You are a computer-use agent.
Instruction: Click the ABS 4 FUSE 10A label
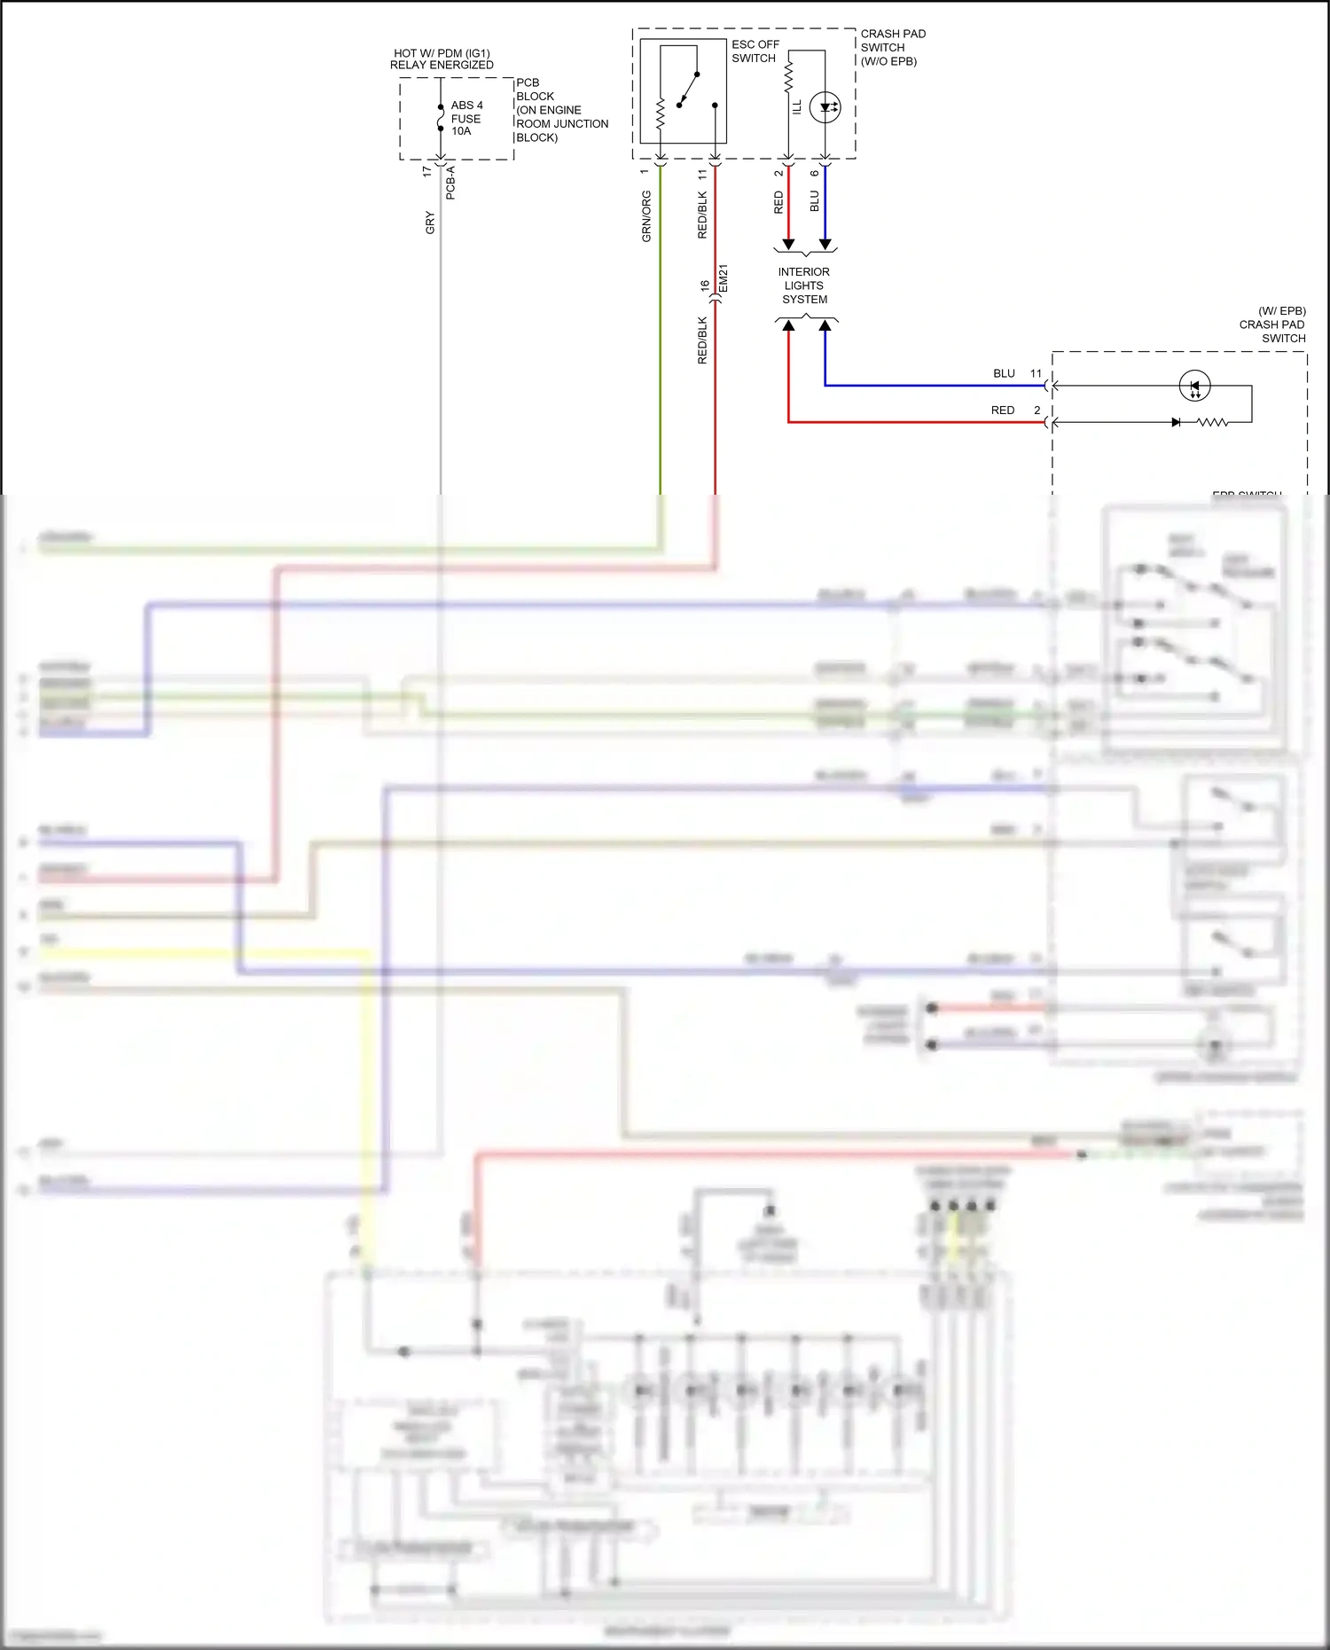click(x=466, y=118)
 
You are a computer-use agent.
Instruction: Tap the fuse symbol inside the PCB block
click(x=441, y=118)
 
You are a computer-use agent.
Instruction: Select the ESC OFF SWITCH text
click(x=755, y=51)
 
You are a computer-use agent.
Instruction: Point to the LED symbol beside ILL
click(x=825, y=107)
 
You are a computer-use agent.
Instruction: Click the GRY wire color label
click(x=430, y=223)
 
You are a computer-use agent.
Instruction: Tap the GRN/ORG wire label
click(x=646, y=215)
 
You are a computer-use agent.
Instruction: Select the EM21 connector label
click(x=723, y=278)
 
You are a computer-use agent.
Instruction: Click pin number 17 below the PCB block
click(x=427, y=171)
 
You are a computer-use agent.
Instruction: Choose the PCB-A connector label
click(x=450, y=183)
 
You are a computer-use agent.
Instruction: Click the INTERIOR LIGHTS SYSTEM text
click(x=804, y=285)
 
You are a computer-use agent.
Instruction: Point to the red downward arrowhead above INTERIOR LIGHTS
click(x=788, y=245)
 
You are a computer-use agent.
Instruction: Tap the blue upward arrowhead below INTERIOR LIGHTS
click(x=825, y=326)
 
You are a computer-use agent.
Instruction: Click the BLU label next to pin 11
click(x=1004, y=373)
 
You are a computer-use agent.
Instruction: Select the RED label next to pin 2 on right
click(x=1003, y=411)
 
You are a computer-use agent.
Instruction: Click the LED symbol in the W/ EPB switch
click(x=1194, y=386)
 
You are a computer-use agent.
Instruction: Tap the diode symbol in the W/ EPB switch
click(x=1176, y=422)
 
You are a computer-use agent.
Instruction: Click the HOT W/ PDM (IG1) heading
click(x=442, y=53)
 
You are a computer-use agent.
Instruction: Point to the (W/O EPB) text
click(x=888, y=61)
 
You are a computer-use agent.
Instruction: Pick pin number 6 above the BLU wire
click(x=815, y=173)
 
